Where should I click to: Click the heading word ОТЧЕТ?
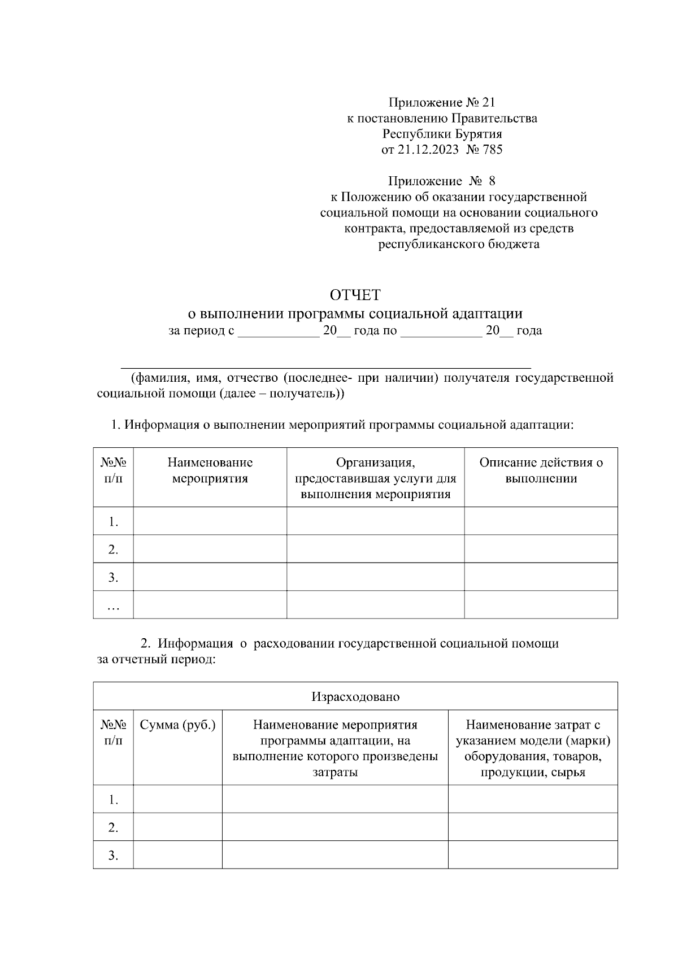click(x=355, y=295)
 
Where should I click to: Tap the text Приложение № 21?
click(x=441, y=102)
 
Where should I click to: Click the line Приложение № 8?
click(x=441, y=181)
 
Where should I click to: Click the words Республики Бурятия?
click(x=442, y=134)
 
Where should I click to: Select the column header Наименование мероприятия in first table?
click(x=210, y=470)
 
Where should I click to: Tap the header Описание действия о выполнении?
click(x=541, y=470)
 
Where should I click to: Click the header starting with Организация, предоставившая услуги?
click(x=375, y=478)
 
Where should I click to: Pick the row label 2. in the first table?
click(x=114, y=549)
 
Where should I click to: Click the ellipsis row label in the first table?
click(x=114, y=607)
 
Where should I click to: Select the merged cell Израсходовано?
click(x=355, y=696)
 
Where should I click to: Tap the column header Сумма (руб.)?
click(x=177, y=725)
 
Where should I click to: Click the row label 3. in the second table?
click(x=114, y=855)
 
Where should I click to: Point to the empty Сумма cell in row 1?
click(x=177, y=799)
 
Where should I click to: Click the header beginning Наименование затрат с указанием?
click(x=532, y=748)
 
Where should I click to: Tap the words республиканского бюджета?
click(x=458, y=245)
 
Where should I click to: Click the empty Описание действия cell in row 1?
click(x=541, y=521)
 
